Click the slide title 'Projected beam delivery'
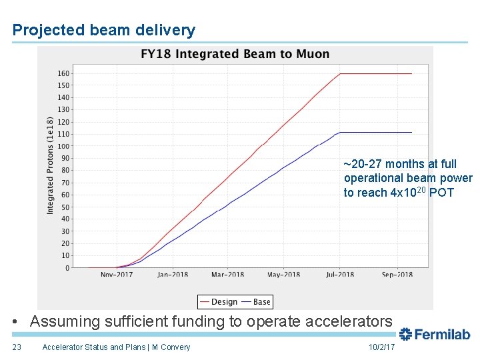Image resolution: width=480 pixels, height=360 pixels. [104, 30]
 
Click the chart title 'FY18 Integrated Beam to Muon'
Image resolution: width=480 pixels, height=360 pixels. [235, 54]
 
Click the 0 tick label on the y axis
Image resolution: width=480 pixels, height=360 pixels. [67, 268]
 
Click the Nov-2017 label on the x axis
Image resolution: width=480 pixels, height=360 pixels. [117, 274]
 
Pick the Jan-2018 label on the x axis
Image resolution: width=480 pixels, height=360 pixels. [173, 274]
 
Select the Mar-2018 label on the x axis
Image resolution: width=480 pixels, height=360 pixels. [228, 274]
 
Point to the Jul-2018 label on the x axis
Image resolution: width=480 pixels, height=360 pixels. [341, 274]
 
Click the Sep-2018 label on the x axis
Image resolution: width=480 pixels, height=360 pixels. [397, 274]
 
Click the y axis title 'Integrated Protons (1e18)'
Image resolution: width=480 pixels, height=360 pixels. [51, 165]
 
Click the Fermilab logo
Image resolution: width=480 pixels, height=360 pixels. [435, 334]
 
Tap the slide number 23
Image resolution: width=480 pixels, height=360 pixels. [17, 347]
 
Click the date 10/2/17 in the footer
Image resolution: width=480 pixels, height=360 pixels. [381, 347]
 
